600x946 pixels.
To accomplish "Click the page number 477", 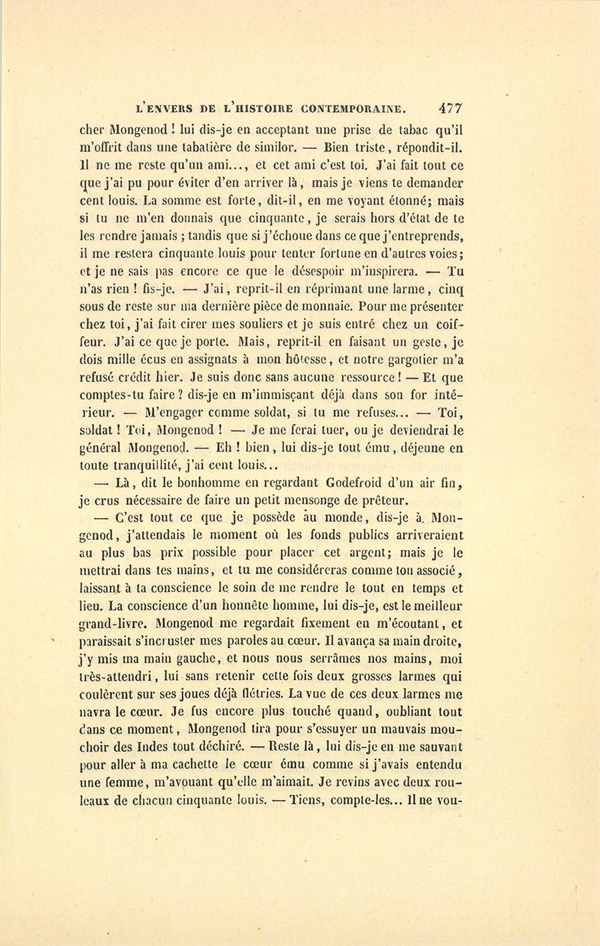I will [x=450, y=108].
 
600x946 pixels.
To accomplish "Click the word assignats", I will [x=207, y=360].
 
